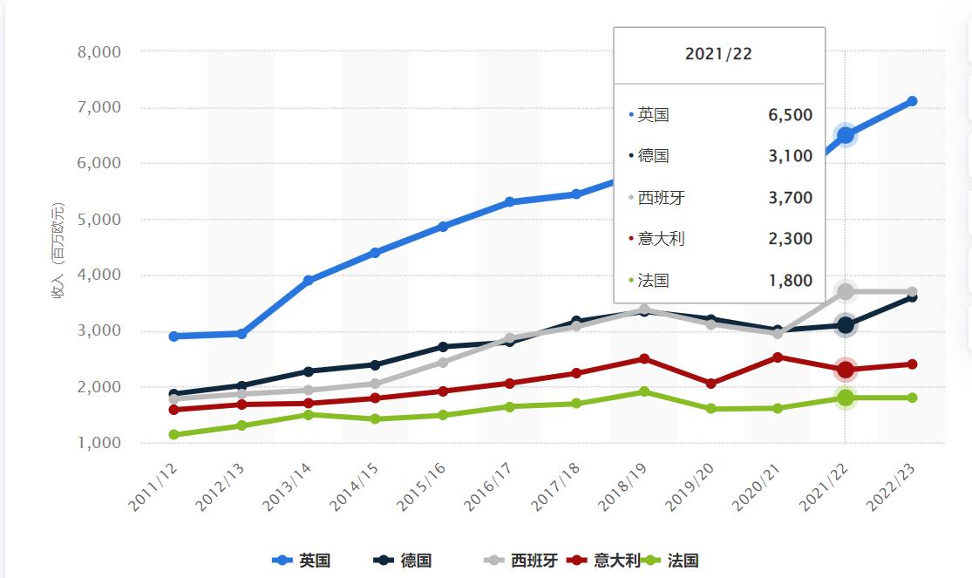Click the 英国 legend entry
pyautogui.click(x=303, y=561)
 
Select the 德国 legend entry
pyautogui.click(x=404, y=561)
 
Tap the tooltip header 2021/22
pyautogui.click(x=718, y=54)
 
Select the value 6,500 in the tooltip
pyautogui.click(x=790, y=115)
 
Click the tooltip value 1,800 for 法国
pyautogui.click(x=790, y=281)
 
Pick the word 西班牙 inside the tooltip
pyautogui.click(x=661, y=198)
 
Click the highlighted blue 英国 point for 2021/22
pyautogui.click(x=845, y=135)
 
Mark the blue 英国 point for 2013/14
pyautogui.click(x=309, y=281)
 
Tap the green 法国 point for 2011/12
pyautogui.click(x=174, y=434)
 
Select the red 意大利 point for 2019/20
pyautogui.click(x=710, y=384)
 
